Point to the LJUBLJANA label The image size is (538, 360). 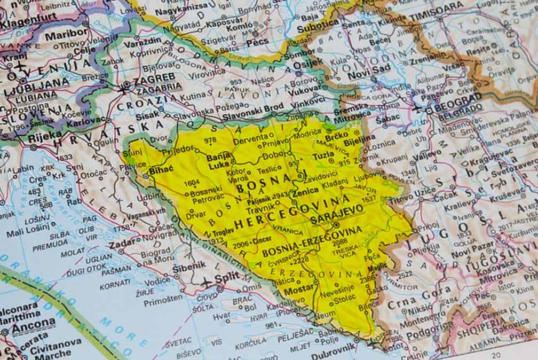coord(36,83)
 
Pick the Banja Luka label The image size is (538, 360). coord(219,160)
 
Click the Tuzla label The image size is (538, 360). coord(323,156)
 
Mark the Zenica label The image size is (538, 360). coord(306,190)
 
